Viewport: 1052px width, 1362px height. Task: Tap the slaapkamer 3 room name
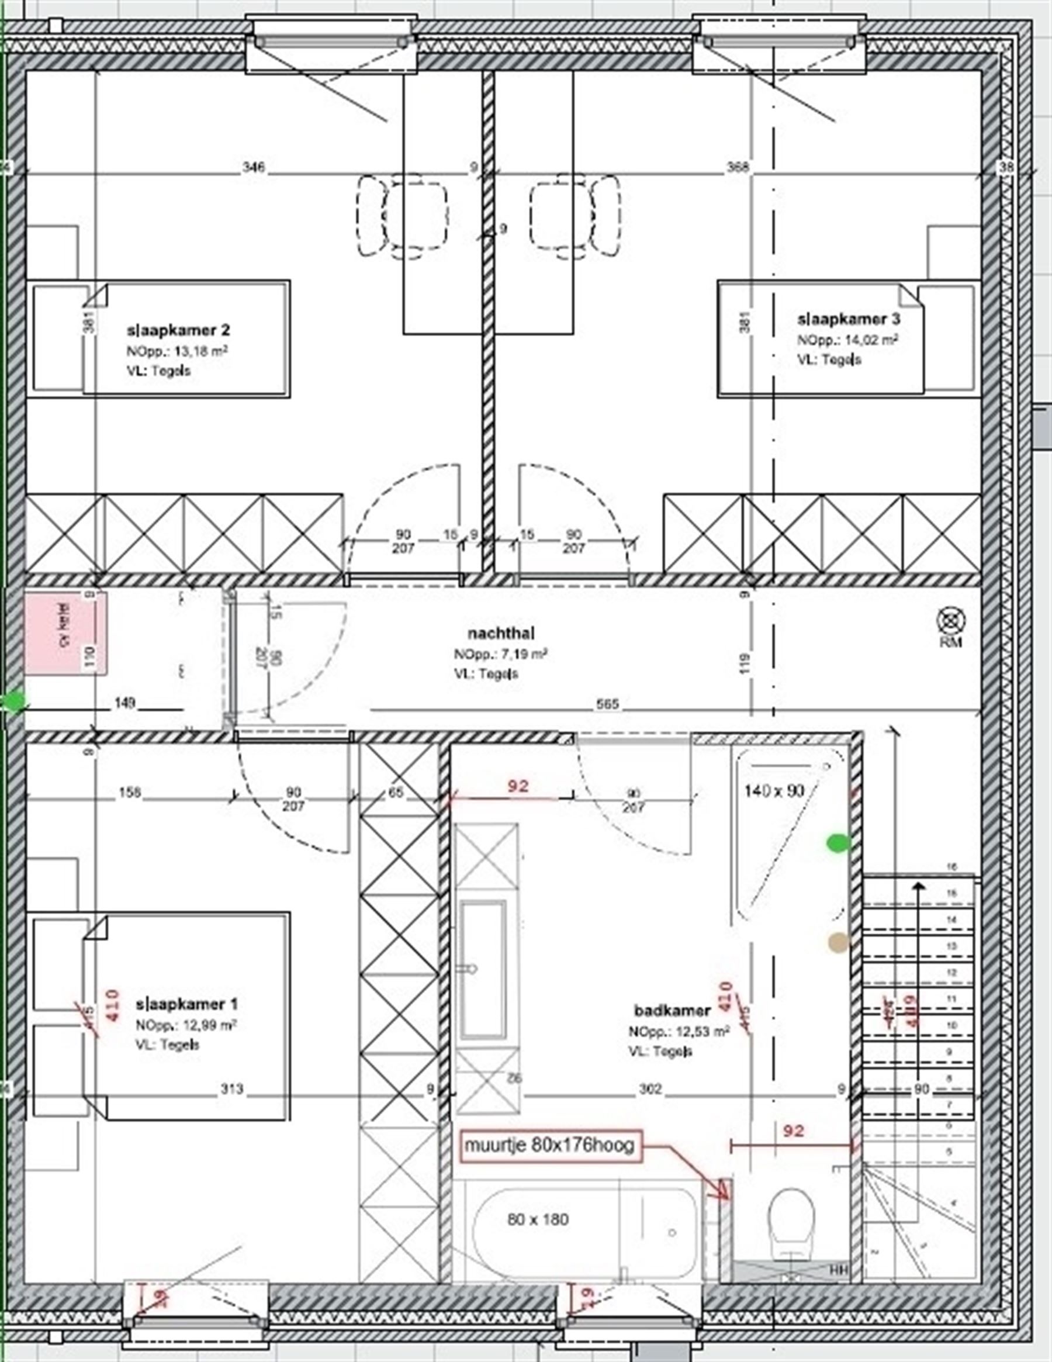[849, 319]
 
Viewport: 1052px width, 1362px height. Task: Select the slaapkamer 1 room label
[186, 1004]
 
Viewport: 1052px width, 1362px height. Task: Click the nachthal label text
[501, 633]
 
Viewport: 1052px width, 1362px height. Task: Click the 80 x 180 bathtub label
[538, 1219]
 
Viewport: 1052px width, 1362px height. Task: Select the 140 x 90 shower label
[774, 791]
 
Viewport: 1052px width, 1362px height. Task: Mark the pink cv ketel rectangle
[65, 634]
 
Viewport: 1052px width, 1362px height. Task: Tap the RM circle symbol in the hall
[951, 621]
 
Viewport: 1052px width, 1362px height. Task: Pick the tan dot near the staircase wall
[838, 942]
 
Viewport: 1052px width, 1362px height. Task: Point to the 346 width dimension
[254, 167]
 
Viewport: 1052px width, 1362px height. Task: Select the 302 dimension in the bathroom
[650, 1089]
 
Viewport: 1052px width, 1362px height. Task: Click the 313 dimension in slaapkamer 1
[231, 1089]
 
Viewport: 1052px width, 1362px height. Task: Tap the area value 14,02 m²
[871, 340]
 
